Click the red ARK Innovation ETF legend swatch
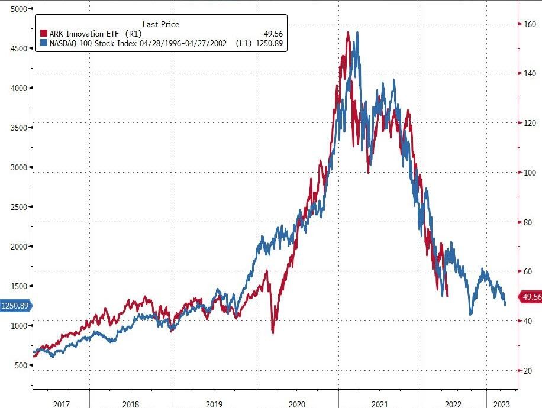tap(44, 34)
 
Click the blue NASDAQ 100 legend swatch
tap(44, 43)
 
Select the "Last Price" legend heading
tap(161, 24)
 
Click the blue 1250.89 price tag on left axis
tap(15, 306)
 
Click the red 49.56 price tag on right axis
tap(530, 297)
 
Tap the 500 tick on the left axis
tap(21, 365)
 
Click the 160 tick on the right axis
tap(528, 24)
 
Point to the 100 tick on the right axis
tap(528, 173)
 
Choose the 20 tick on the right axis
tap(526, 371)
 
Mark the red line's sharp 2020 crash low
tap(273, 333)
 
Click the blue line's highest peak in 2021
tap(357, 33)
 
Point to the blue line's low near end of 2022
tap(470, 315)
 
